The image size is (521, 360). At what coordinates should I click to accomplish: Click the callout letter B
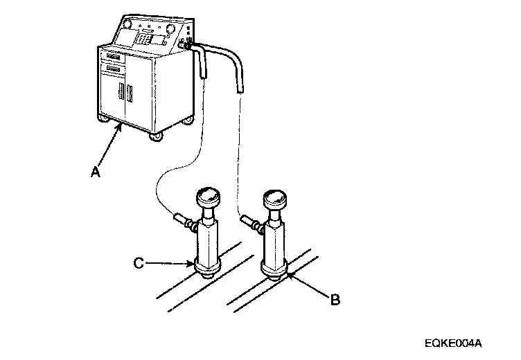pos(335,300)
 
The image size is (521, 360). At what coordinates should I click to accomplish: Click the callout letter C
pos(139,262)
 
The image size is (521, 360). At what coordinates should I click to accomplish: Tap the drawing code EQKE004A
pos(453,343)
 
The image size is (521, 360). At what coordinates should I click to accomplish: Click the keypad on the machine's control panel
pos(143,39)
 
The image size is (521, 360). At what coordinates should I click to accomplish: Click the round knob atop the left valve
pos(209,196)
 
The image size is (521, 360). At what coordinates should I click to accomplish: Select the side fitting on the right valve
pos(249,222)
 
